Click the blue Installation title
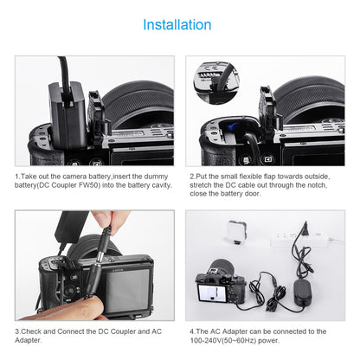coord(177,25)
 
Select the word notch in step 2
coord(317,185)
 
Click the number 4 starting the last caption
coord(192,331)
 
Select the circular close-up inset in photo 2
coord(216,82)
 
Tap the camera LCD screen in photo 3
coord(127,291)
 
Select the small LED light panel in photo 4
coord(235,233)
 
